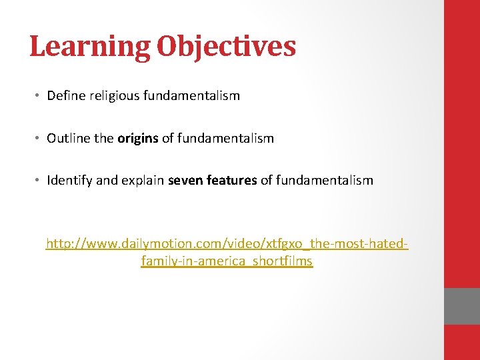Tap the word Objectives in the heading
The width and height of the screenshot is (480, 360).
pyautogui.click(x=226, y=47)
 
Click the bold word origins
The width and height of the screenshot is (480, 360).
pyautogui.click(x=137, y=139)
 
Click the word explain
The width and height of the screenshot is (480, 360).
pyautogui.click(x=142, y=181)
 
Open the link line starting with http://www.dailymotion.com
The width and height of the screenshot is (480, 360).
pyautogui.click(x=227, y=245)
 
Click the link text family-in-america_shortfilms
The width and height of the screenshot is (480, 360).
pyautogui.click(x=227, y=261)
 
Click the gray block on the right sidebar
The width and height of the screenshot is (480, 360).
pyautogui.click(x=462, y=306)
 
